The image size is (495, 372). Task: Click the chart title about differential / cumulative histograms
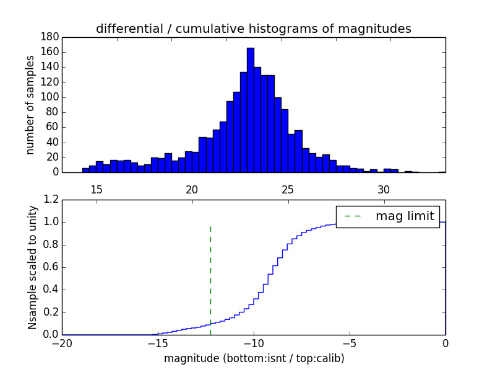253,29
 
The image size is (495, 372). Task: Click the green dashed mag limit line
210,273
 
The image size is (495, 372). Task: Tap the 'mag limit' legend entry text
405,216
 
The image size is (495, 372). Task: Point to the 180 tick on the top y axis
50,37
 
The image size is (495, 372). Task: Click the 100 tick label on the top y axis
50,97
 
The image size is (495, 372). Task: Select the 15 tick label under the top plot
96,189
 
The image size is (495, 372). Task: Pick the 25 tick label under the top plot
288,189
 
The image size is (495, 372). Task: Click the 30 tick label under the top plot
384,189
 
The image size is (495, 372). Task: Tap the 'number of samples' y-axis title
30,105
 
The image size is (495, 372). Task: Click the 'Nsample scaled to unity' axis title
32,267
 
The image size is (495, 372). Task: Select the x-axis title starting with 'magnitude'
254,358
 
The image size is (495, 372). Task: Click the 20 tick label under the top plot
192,189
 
